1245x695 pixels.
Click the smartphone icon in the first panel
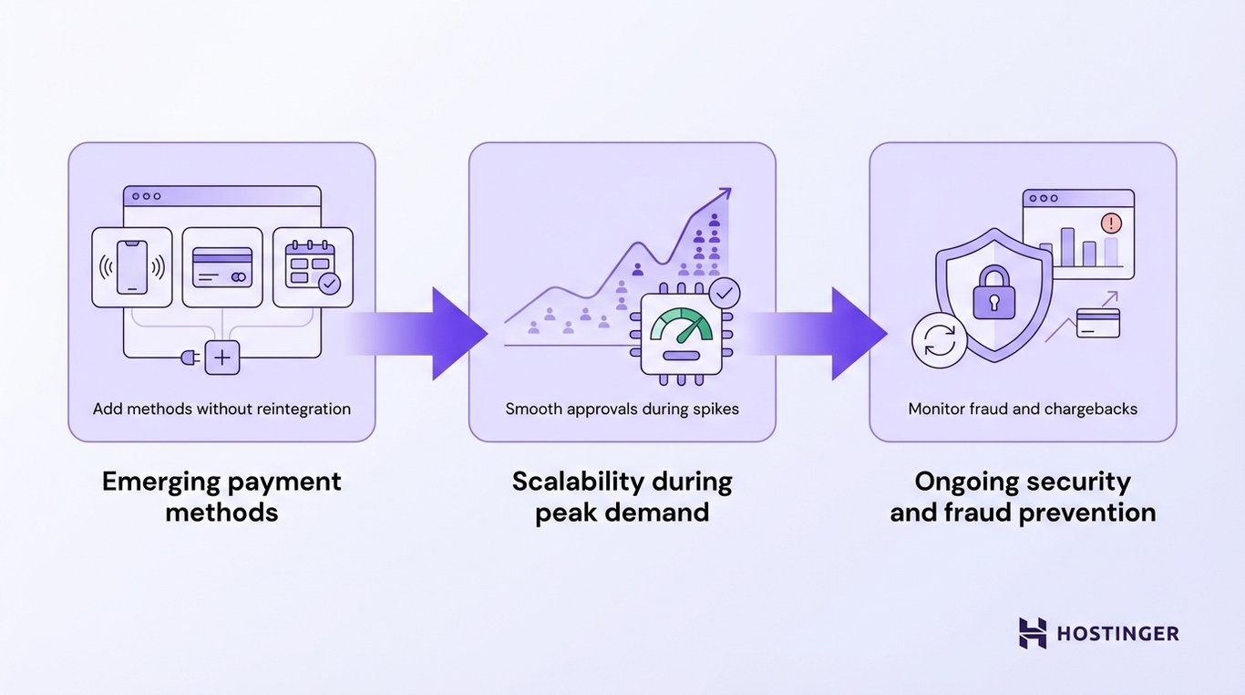point(132,266)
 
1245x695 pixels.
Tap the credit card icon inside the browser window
point(222,266)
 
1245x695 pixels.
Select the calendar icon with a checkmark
point(313,266)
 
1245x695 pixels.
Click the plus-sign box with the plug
point(221,358)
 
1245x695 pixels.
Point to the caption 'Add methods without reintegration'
point(221,409)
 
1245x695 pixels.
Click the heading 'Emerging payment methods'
point(221,496)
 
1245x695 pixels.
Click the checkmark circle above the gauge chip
point(725,294)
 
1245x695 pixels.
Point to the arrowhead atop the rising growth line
point(724,195)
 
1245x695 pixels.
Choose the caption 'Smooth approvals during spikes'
point(622,409)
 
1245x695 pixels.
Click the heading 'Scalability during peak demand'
point(622,496)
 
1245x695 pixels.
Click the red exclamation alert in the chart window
point(1111,223)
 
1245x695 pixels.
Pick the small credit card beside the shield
point(1097,322)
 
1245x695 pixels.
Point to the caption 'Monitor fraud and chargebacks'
point(1023,409)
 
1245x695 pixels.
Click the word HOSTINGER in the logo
point(1117,633)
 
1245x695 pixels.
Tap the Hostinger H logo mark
point(1033,633)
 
